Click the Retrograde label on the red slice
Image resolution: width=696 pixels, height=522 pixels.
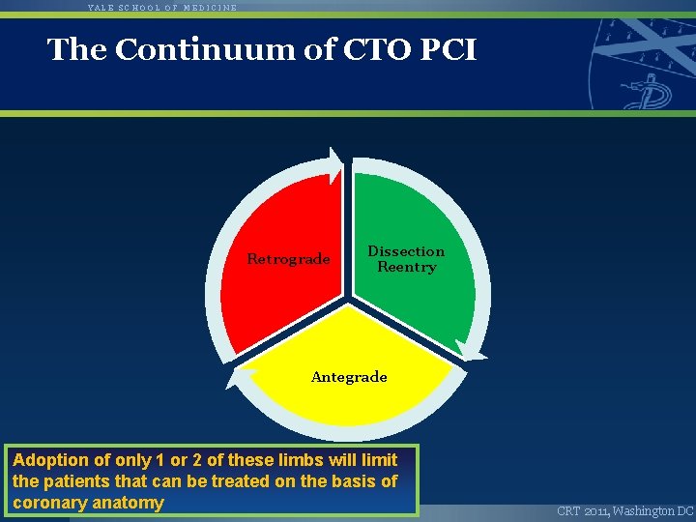pos(288,259)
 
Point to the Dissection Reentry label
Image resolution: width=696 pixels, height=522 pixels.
pos(406,259)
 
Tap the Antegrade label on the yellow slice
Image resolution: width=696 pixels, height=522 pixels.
pos(349,377)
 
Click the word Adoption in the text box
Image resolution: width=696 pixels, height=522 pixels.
pos(48,460)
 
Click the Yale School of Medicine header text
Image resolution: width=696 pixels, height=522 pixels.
pos(161,7)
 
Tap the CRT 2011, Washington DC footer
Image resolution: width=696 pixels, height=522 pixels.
pos(624,510)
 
